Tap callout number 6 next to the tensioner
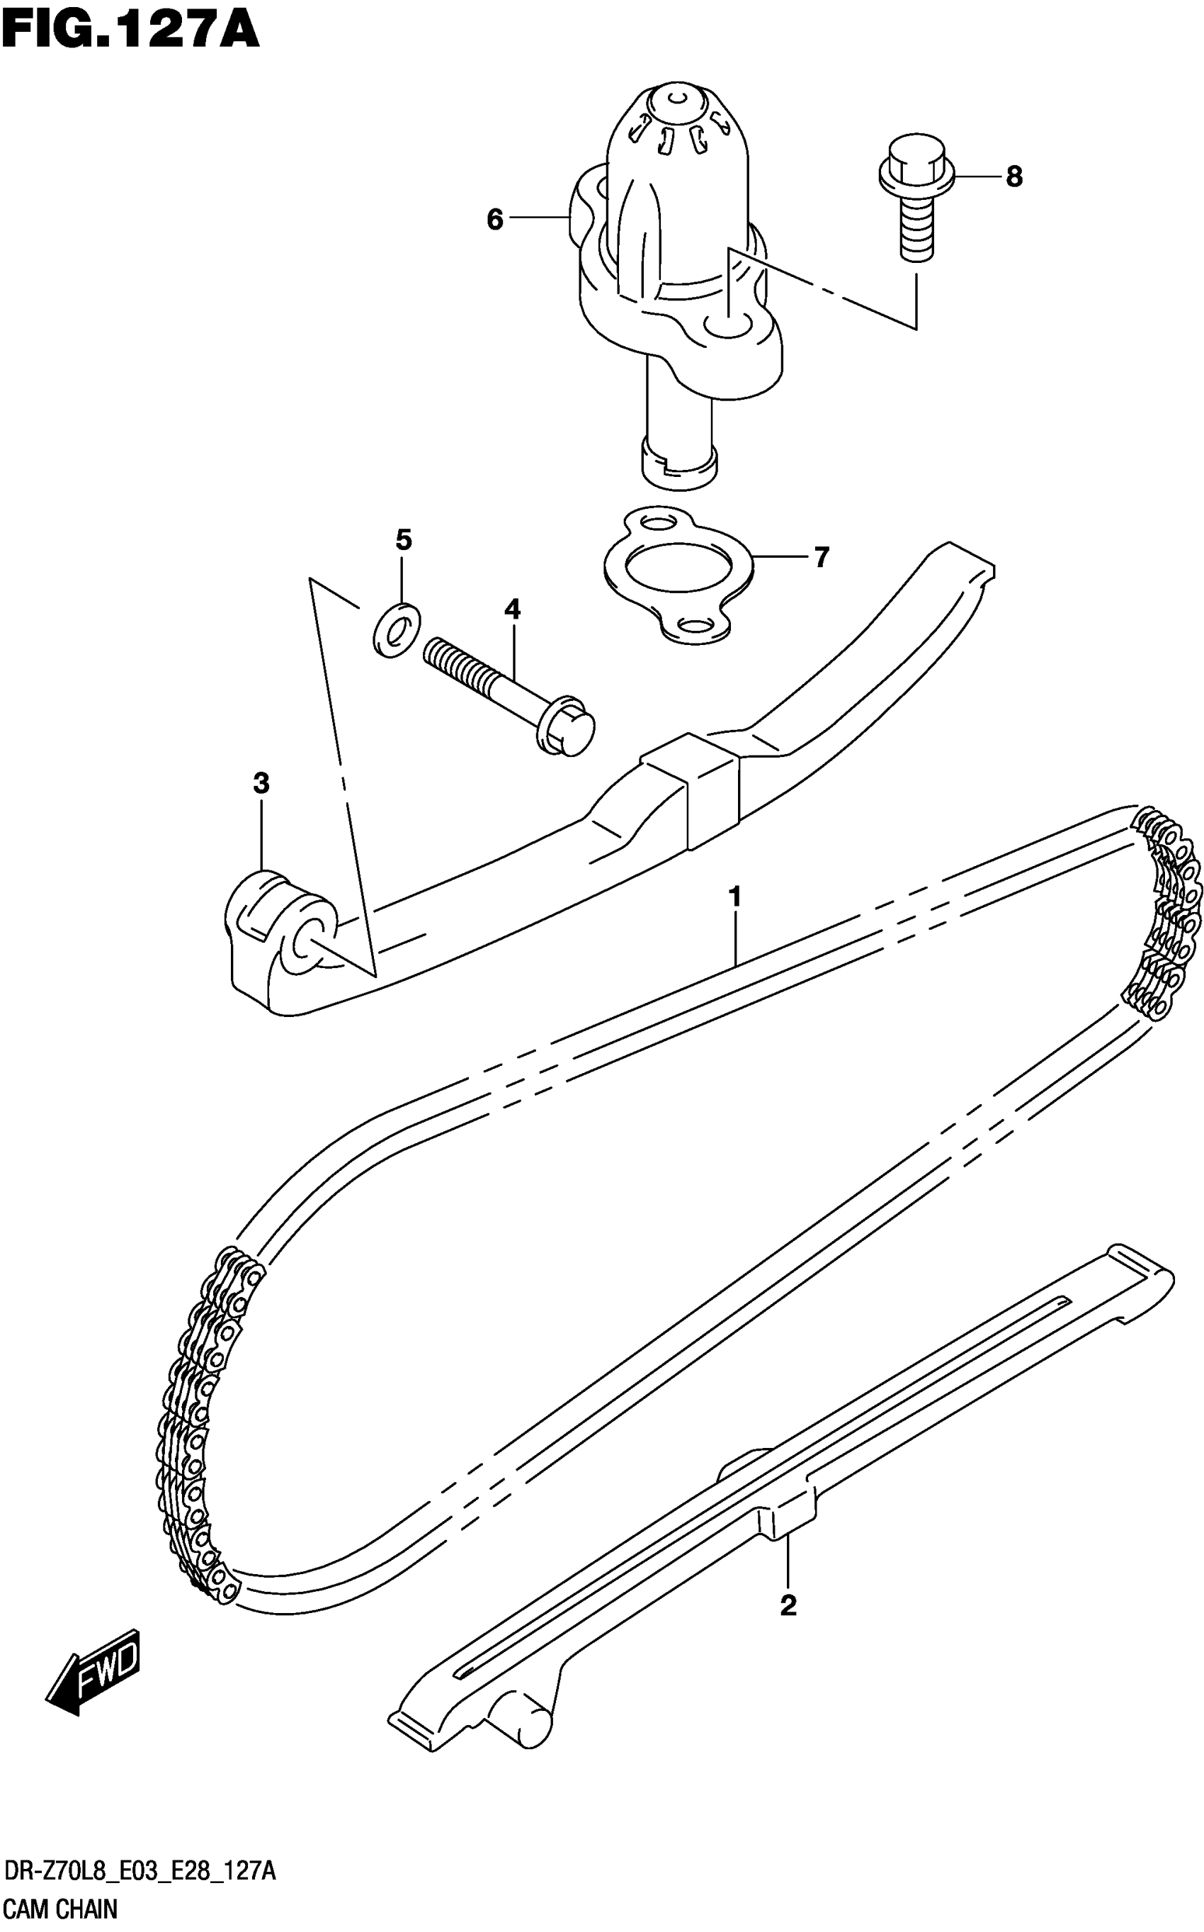tap(494, 219)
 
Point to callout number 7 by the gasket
tap(822, 557)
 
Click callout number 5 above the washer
tap(404, 540)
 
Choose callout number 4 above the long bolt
tap(512, 610)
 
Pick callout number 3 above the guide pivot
tap(261, 784)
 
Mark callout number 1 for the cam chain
tap(734, 897)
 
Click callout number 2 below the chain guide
tap(788, 1605)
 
